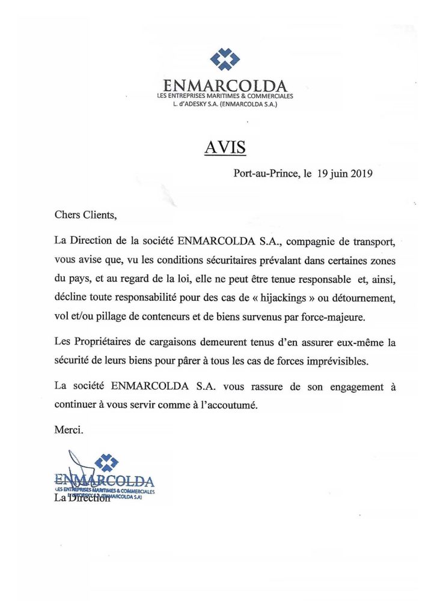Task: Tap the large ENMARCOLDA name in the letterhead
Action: click(x=225, y=86)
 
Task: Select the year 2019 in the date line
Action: click(x=361, y=174)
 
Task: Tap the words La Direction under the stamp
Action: click(x=82, y=498)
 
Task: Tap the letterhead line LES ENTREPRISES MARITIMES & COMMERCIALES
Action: click(x=225, y=96)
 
